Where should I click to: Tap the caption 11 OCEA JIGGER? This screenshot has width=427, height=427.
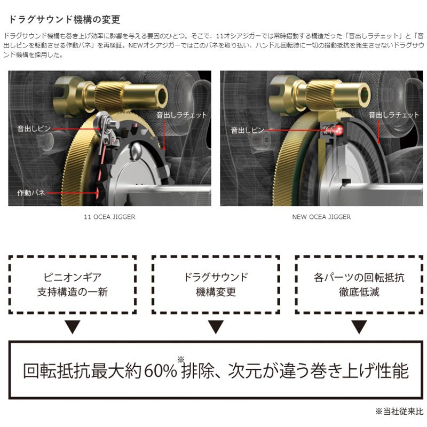click(x=109, y=217)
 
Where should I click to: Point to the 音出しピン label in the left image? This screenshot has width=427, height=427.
click(x=33, y=129)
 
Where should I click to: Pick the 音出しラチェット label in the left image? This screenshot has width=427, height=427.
click(x=181, y=115)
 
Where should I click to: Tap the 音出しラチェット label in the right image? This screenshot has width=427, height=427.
click(x=393, y=115)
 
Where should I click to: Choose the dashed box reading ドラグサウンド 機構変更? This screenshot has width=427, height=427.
click(x=216, y=284)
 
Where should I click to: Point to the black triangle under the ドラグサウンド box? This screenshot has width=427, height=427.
click(x=216, y=327)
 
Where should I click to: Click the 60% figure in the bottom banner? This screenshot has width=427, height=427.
click(x=160, y=370)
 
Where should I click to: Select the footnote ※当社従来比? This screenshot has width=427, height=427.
click(x=398, y=412)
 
